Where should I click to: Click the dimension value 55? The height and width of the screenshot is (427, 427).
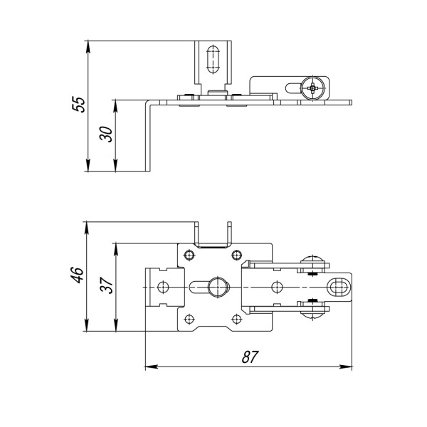tap(80, 104)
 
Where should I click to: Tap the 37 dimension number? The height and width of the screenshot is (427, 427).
tap(106, 286)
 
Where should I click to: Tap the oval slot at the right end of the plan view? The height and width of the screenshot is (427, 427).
tap(339, 286)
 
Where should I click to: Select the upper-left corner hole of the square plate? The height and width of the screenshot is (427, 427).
tap(189, 255)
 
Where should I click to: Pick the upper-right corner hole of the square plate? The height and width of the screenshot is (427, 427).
tap(236, 255)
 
